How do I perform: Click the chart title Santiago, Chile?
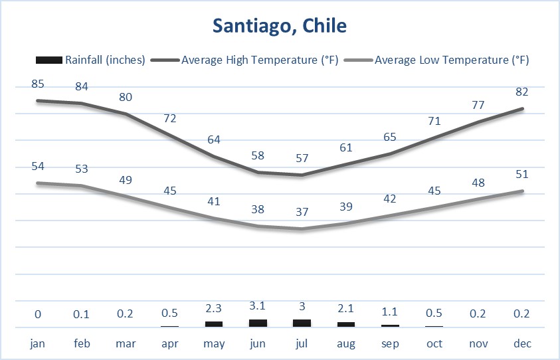click(x=280, y=27)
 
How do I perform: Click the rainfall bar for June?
click(x=258, y=323)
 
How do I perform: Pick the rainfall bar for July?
click(x=302, y=323)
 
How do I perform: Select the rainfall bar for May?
click(x=214, y=323)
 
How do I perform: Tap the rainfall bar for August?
click(x=346, y=324)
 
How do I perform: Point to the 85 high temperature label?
click(x=38, y=84)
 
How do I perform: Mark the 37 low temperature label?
click(x=302, y=212)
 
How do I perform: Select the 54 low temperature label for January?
click(x=38, y=166)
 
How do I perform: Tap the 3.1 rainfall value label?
click(x=258, y=306)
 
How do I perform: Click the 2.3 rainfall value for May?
click(x=214, y=309)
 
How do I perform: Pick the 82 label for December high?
click(x=522, y=92)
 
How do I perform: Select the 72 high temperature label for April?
click(x=170, y=118)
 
